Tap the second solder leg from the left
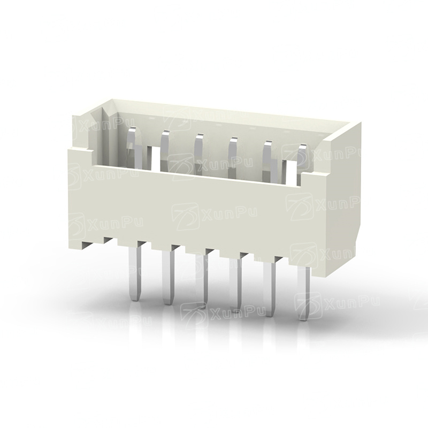click(x=168, y=278)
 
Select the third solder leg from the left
click(x=202, y=282)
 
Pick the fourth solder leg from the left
click(x=236, y=285)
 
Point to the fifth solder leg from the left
click(x=270, y=289)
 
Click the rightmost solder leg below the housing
click(x=304, y=293)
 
